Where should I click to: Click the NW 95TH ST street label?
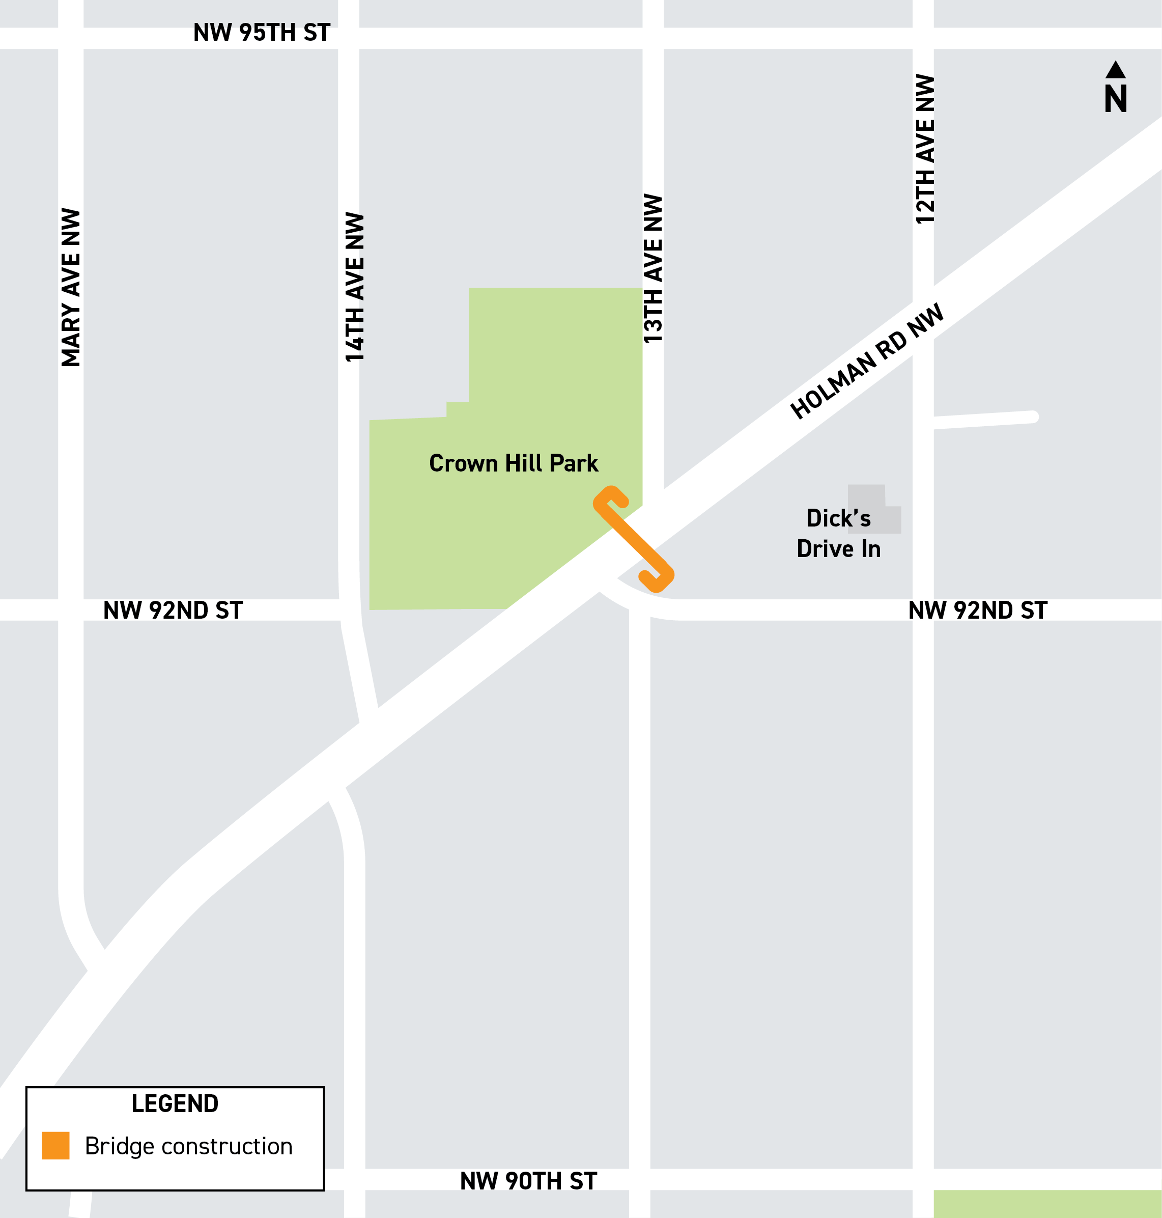pos(262,33)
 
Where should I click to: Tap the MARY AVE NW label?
pos(71,288)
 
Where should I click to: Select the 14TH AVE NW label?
pos(355,288)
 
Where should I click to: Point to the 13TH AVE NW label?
pos(653,268)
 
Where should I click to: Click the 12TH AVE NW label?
pos(925,149)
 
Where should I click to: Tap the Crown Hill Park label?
pos(514,463)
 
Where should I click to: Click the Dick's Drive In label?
pos(838,534)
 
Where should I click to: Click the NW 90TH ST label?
pos(528,1181)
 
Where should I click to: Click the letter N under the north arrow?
pos(1116,99)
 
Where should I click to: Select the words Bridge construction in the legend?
pos(188,1146)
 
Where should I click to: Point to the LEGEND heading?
pos(175,1104)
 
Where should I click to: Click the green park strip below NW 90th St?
pos(1047,1204)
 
